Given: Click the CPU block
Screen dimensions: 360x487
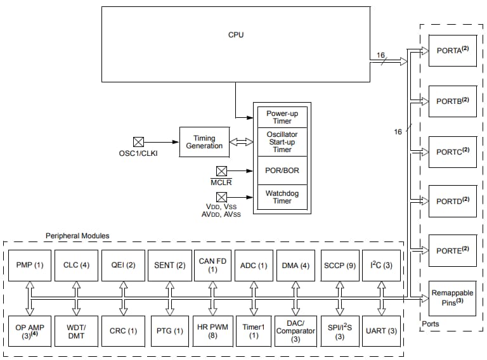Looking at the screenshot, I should click(235, 44).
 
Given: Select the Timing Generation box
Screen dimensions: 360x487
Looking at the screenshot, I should click(204, 143).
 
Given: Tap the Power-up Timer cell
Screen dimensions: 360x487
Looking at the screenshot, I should click(282, 117).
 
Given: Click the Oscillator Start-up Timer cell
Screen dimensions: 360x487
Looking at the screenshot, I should click(282, 142).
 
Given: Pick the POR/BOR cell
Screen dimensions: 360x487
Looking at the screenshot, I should click(282, 170).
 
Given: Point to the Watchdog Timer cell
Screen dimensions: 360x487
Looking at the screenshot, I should click(282, 196).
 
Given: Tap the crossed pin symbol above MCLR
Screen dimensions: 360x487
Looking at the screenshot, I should click(221, 170).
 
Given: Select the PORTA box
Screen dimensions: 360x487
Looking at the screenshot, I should click(452, 51).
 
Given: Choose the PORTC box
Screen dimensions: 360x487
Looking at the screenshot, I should click(452, 151).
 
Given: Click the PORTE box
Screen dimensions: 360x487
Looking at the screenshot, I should click(452, 250).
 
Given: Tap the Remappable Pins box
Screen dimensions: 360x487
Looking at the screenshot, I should click(452, 297).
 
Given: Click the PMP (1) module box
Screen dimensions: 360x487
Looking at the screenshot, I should click(30, 265).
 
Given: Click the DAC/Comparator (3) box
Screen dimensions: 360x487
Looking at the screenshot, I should click(295, 330).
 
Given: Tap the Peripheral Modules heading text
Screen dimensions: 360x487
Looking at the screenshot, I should click(77, 236).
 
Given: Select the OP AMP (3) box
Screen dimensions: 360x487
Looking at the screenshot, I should click(30, 330).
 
